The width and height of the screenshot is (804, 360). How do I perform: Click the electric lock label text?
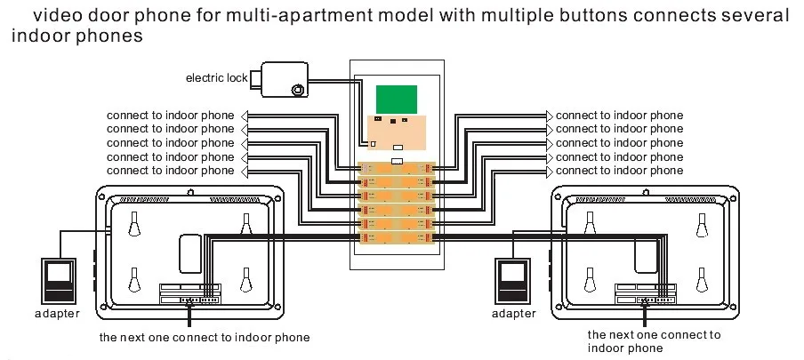point(216,78)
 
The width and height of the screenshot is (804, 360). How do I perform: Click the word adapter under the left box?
point(58,314)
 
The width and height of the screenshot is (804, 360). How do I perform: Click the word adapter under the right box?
point(514,313)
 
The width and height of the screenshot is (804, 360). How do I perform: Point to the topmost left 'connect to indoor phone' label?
point(171,116)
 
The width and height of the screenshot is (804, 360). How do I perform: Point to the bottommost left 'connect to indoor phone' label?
point(171,171)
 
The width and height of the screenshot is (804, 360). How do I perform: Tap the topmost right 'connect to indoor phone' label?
point(620,116)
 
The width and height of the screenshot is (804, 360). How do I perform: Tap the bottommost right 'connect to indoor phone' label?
point(620,171)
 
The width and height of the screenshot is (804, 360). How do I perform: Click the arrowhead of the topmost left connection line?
point(245,116)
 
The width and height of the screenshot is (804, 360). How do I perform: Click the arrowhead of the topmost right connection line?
point(550,116)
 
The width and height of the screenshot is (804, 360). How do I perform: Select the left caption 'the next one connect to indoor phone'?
point(205,338)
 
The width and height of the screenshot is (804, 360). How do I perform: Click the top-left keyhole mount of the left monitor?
point(134,226)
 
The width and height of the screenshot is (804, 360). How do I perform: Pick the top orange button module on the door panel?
point(397,169)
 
